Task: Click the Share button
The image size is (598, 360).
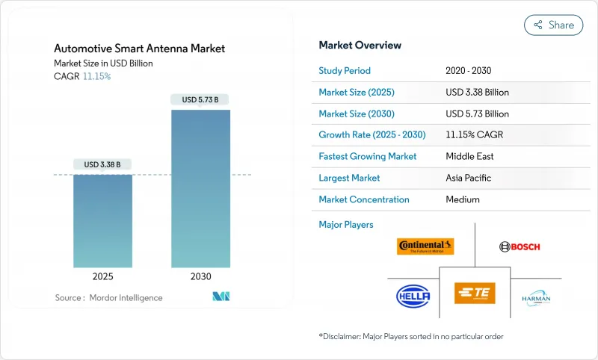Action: [553, 25]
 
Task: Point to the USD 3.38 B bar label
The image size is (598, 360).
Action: [102, 164]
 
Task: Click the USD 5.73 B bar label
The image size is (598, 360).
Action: [200, 99]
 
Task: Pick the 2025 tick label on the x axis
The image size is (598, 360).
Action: [102, 276]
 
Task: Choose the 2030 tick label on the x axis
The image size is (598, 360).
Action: [200, 276]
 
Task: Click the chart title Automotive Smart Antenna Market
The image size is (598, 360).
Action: [139, 49]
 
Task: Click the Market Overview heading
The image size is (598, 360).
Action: [360, 45]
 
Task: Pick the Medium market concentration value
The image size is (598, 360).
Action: [463, 199]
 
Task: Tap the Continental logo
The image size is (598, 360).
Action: [425, 246]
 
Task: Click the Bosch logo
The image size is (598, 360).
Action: [519, 246]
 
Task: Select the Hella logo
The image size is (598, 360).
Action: [413, 296]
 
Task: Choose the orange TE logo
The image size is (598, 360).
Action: [475, 293]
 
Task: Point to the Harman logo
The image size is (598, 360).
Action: [536, 298]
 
